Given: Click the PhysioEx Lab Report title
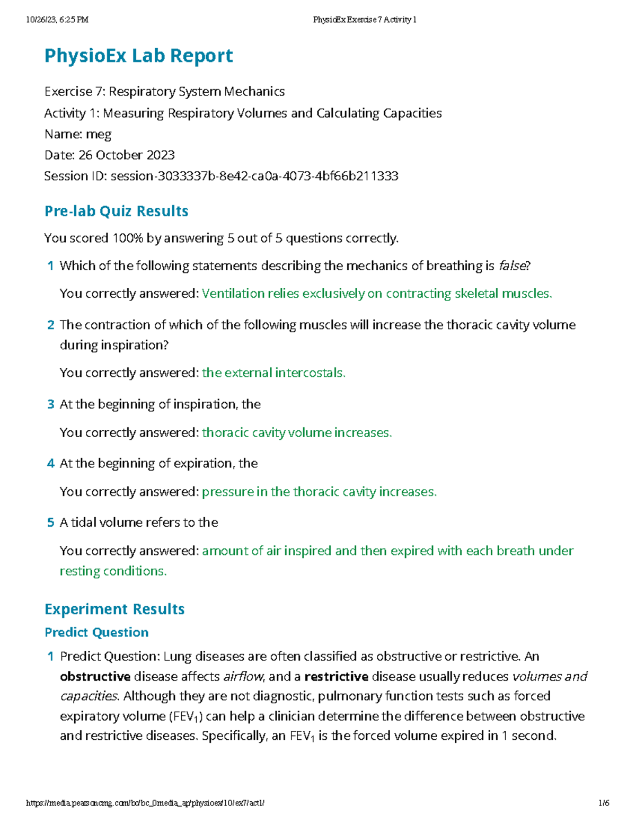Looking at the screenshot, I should (138, 56).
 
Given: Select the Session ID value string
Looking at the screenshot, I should (254, 176).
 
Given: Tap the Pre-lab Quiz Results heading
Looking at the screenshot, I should (116, 211).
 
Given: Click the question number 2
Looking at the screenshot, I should (51, 325).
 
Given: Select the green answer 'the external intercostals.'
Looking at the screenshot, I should (273, 373).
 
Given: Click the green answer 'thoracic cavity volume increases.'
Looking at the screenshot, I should (297, 433).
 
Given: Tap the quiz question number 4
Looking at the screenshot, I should (51, 464).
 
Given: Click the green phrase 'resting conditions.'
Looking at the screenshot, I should (113, 571).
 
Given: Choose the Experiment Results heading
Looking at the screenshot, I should (114, 609).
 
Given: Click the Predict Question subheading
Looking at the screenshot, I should (96, 632).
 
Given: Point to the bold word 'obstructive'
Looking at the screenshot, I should (95, 677).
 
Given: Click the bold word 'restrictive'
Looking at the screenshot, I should (337, 677).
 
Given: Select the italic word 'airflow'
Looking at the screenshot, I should (244, 677).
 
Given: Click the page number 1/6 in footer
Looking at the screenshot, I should (604, 803).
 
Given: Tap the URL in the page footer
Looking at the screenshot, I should (145, 803).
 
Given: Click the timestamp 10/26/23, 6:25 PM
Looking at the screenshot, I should (57, 20).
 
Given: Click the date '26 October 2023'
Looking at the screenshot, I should (127, 155).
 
